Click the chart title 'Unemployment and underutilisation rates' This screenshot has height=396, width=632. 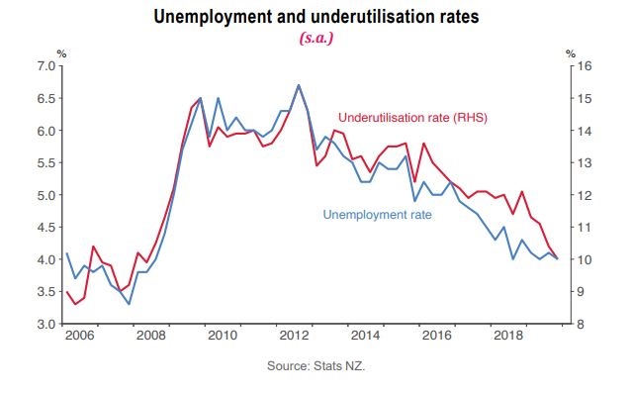[316, 17]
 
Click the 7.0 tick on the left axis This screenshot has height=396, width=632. [46, 66]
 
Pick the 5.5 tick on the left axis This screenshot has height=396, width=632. [46, 163]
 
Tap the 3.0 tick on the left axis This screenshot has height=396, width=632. [46, 325]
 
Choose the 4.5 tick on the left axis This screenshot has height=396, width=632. [46, 228]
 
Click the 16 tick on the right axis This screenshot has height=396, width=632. [585, 66]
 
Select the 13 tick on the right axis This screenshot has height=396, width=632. [585, 163]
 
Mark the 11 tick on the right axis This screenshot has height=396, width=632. [585, 228]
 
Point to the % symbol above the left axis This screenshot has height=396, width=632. [61, 52]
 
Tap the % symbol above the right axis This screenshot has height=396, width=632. [570, 52]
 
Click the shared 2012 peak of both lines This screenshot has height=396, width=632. [299, 85]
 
